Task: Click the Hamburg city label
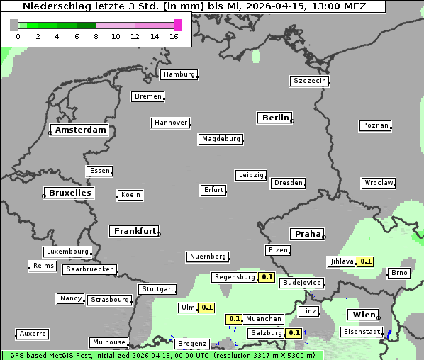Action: pyautogui.click(x=179, y=74)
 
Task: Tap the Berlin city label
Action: pyautogui.click(x=275, y=118)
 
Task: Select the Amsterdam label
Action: pyautogui.click(x=80, y=130)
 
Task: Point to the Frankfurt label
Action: pyautogui.click(x=135, y=231)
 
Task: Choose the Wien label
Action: pyautogui.click(x=362, y=315)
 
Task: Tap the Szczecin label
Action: pyautogui.click(x=310, y=81)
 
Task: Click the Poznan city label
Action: pyautogui.click(x=375, y=125)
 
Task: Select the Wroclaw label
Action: pyautogui.click(x=379, y=183)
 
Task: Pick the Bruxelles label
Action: pyautogui.click(x=69, y=193)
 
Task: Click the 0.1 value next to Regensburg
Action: pyautogui.click(x=267, y=277)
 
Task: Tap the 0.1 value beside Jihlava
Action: pyautogui.click(x=365, y=261)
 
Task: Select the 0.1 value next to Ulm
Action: pyautogui.click(x=206, y=308)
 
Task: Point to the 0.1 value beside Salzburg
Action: pyautogui.click(x=294, y=333)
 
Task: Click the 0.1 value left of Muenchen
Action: pyautogui.click(x=234, y=319)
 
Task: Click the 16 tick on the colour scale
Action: pyautogui.click(x=174, y=36)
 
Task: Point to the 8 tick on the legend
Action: pyautogui.click(x=96, y=36)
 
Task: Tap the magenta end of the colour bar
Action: pyautogui.click(x=177, y=25)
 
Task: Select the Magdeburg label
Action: pyautogui.click(x=221, y=139)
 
